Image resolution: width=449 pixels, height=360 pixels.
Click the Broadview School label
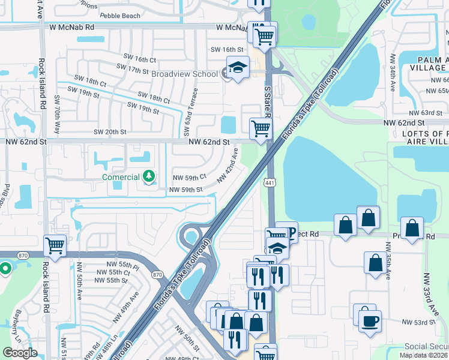[184, 74]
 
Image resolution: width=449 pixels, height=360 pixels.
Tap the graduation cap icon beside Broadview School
[238, 68]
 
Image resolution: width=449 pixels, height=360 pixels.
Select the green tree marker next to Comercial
[149, 177]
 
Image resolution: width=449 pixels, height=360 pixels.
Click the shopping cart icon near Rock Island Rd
[55, 245]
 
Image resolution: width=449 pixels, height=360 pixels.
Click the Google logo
[20, 353]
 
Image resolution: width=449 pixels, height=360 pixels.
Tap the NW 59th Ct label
[189, 178]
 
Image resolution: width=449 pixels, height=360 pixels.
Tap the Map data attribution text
[424, 355]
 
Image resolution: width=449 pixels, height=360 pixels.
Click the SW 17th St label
[130, 70]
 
